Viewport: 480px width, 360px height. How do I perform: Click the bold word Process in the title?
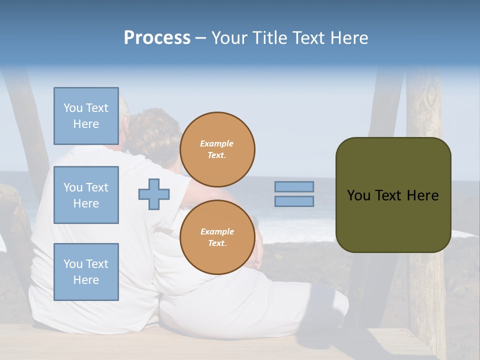[x=157, y=37]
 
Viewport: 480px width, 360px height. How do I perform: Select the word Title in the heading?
[x=270, y=37]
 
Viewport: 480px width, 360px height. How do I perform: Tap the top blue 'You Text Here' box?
[x=86, y=116]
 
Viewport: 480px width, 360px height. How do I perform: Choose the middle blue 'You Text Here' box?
[x=86, y=195]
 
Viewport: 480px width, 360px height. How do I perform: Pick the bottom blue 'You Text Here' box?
[x=86, y=271]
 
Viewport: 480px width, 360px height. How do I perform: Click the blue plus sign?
[x=154, y=194]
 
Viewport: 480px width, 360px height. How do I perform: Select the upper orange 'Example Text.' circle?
[x=217, y=149]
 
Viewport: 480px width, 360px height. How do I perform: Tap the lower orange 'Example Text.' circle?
[x=217, y=237]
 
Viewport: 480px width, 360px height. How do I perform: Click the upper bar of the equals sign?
[x=294, y=187]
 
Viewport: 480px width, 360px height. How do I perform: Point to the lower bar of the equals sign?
[x=294, y=201]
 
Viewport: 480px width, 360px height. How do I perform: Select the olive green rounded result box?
[x=393, y=220]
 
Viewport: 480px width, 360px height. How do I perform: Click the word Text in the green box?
[x=389, y=195]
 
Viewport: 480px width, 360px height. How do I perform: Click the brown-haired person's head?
[x=155, y=132]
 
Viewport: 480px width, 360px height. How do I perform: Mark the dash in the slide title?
[x=200, y=38]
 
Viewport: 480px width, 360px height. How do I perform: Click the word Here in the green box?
[x=423, y=195]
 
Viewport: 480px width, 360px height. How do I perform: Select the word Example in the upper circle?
[x=216, y=143]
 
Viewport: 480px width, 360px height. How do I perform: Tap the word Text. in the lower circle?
[x=217, y=243]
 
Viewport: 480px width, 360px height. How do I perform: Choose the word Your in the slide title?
[x=229, y=37]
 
